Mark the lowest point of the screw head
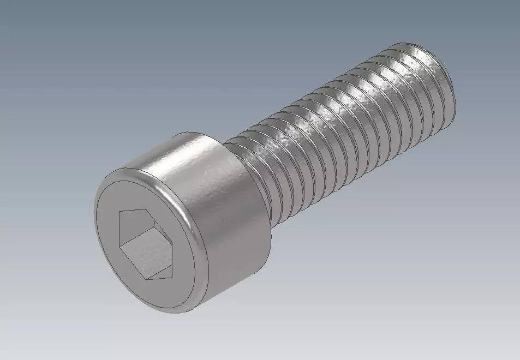pos(180,313)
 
